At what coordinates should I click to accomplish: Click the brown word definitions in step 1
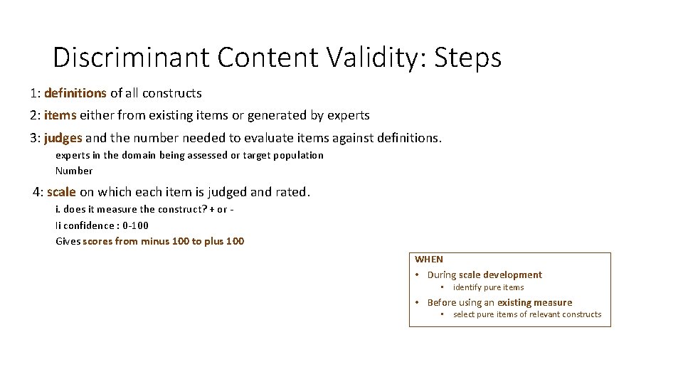(75, 93)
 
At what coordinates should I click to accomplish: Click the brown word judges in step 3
(63, 137)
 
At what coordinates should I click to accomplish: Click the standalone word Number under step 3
(74, 171)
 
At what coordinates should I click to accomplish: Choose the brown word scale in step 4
(61, 192)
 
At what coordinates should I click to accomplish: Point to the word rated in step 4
(294, 192)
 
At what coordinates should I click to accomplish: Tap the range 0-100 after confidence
(134, 225)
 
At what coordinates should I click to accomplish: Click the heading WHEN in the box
(428, 260)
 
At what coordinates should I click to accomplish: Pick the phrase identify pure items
(488, 287)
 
